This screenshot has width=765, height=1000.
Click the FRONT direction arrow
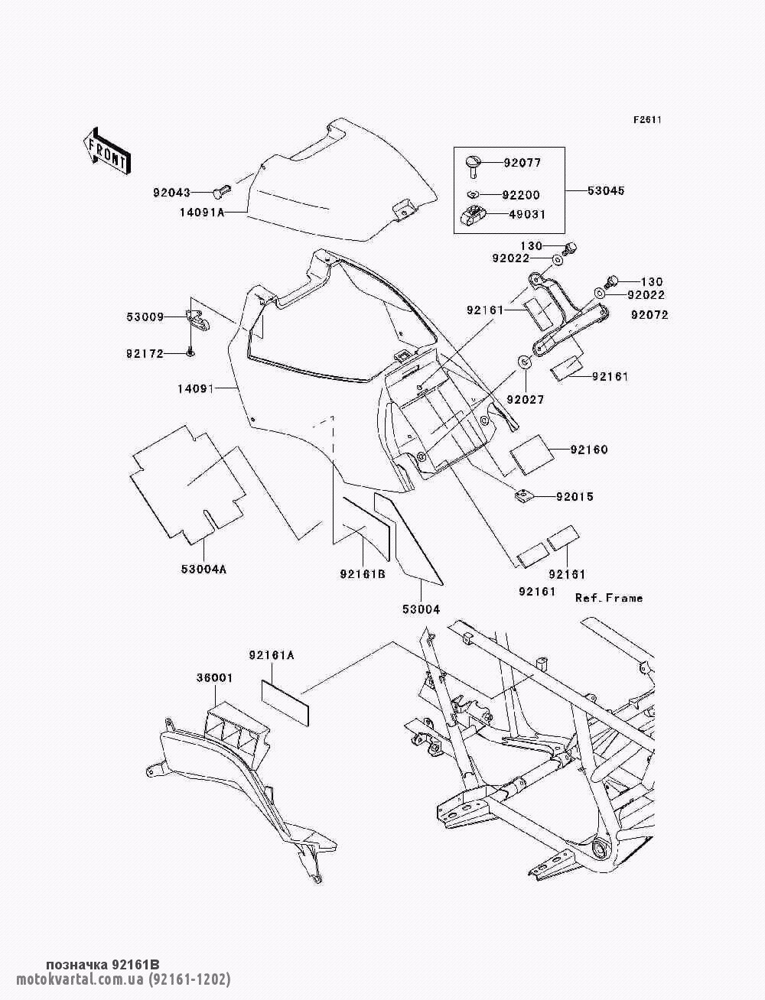click(108, 151)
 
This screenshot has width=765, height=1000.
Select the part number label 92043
click(171, 193)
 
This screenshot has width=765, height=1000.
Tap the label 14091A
click(202, 213)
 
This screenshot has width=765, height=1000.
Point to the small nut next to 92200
click(474, 195)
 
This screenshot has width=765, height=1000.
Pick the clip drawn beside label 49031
click(472, 214)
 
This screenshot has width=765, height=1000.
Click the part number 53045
click(606, 190)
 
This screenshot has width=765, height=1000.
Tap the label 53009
click(145, 317)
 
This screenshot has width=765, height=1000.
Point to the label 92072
click(649, 315)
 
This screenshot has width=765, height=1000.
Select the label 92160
click(589, 450)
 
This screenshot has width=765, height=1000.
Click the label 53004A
click(203, 569)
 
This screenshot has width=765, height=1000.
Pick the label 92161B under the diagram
click(363, 575)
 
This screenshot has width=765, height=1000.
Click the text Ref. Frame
click(609, 598)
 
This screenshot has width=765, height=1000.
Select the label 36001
click(215, 678)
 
